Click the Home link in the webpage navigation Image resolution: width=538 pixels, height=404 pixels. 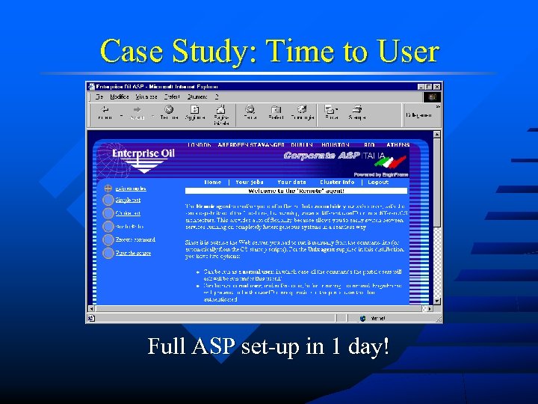click(x=213, y=182)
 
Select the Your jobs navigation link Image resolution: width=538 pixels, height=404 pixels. click(x=250, y=182)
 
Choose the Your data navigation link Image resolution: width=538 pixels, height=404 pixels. click(x=291, y=182)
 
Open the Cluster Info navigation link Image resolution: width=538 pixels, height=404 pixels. click(x=337, y=182)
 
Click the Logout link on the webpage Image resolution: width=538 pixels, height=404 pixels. click(x=378, y=182)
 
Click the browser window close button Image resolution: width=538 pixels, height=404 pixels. click(x=436, y=86)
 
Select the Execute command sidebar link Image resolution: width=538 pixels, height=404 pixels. click(x=134, y=239)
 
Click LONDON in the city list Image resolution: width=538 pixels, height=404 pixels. click(x=198, y=144)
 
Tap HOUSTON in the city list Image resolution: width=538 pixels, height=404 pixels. click(x=336, y=144)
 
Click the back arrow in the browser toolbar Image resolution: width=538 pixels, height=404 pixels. click(x=105, y=110)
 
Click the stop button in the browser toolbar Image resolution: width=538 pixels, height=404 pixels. click(x=169, y=110)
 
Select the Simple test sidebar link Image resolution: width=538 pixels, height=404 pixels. click(x=127, y=200)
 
